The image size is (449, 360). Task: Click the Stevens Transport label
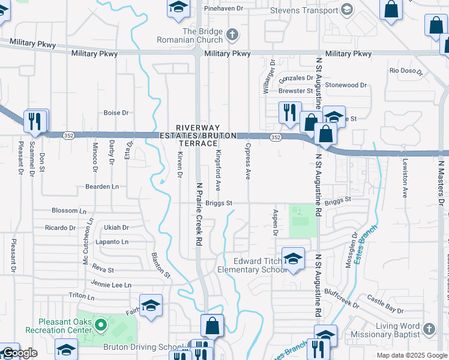[x=304, y=11]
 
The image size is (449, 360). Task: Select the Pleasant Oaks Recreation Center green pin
[x=100, y=326]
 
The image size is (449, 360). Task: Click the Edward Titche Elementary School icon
[x=292, y=259]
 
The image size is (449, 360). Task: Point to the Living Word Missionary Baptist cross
[x=428, y=329]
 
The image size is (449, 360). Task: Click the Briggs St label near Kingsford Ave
[x=218, y=203]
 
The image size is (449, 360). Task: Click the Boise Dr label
[x=116, y=113]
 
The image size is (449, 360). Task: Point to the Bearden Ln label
[x=102, y=187]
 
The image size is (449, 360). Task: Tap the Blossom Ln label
[x=65, y=211]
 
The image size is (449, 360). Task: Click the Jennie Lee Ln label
[x=111, y=284]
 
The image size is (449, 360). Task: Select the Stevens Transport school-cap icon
[x=346, y=9]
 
